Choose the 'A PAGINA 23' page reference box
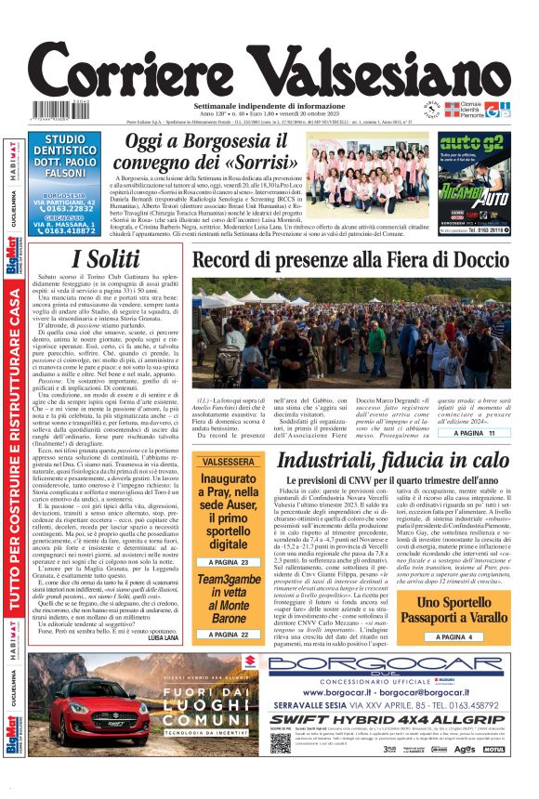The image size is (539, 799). [x=228, y=562]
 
